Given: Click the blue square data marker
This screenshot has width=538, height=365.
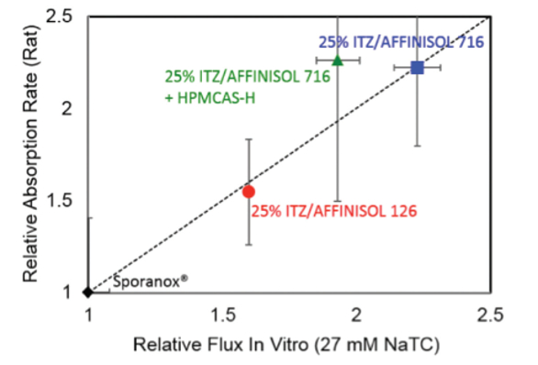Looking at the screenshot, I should pyautogui.click(x=418, y=68).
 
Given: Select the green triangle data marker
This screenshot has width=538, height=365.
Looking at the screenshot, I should pyautogui.click(x=338, y=61).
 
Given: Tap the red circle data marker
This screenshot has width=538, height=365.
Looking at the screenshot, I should pyautogui.click(x=248, y=191).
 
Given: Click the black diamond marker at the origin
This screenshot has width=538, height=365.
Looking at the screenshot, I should pyautogui.click(x=87, y=293).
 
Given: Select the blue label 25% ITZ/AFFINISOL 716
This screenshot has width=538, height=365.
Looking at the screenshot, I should pyautogui.click(x=401, y=41).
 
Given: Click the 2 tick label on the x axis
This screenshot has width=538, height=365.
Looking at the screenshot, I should pyautogui.click(x=356, y=315).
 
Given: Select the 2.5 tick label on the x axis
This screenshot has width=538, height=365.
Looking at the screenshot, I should pyautogui.click(x=489, y=315).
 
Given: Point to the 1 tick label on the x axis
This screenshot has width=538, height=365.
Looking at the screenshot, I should pyautogui.click(x=88, y=315).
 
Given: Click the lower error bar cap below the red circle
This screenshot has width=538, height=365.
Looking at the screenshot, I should pyautogui.click(x=248, y=244).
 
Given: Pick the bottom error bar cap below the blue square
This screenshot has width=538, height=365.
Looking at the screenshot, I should pyautogui.click(x=418, y=146).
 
